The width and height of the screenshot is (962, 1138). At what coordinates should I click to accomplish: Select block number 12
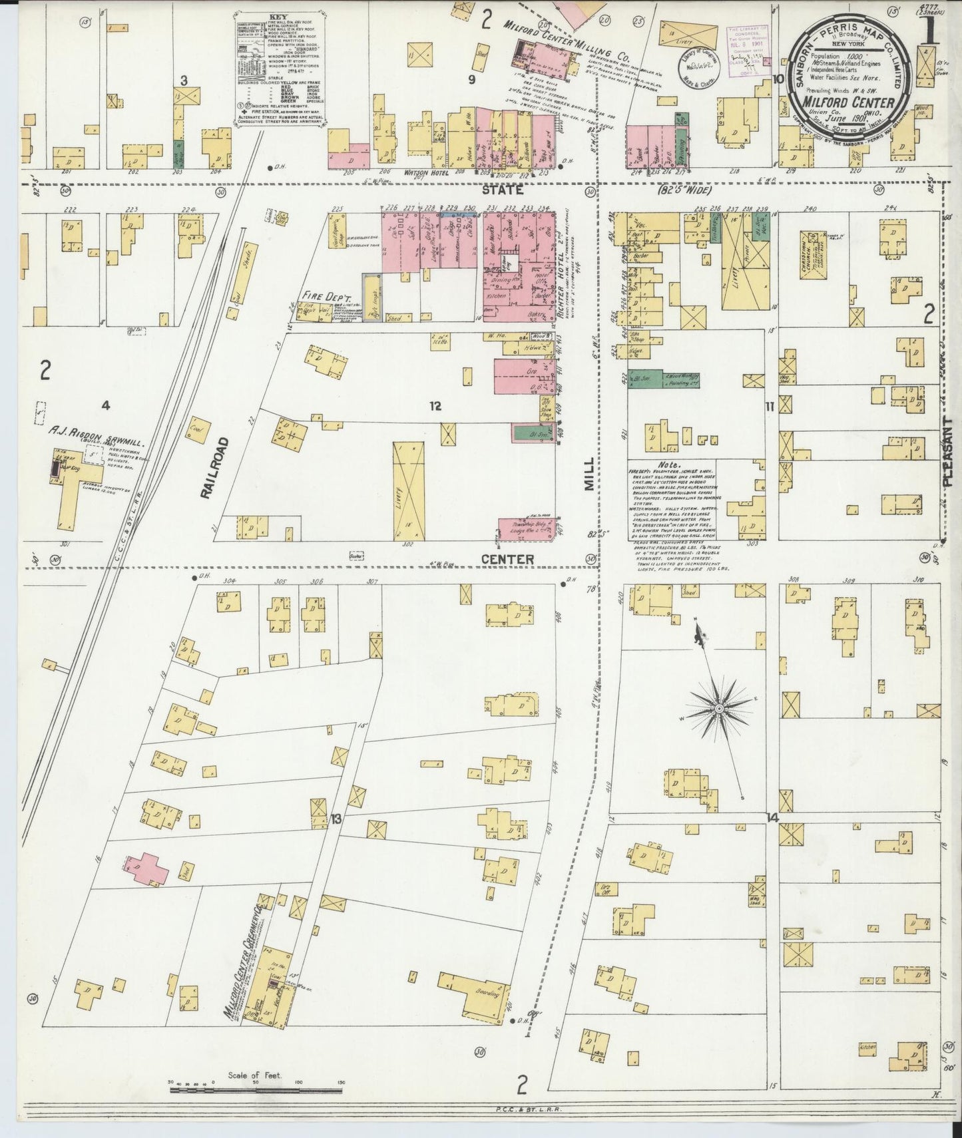(435, 406)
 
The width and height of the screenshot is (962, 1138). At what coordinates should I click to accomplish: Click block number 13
(336, 819)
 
